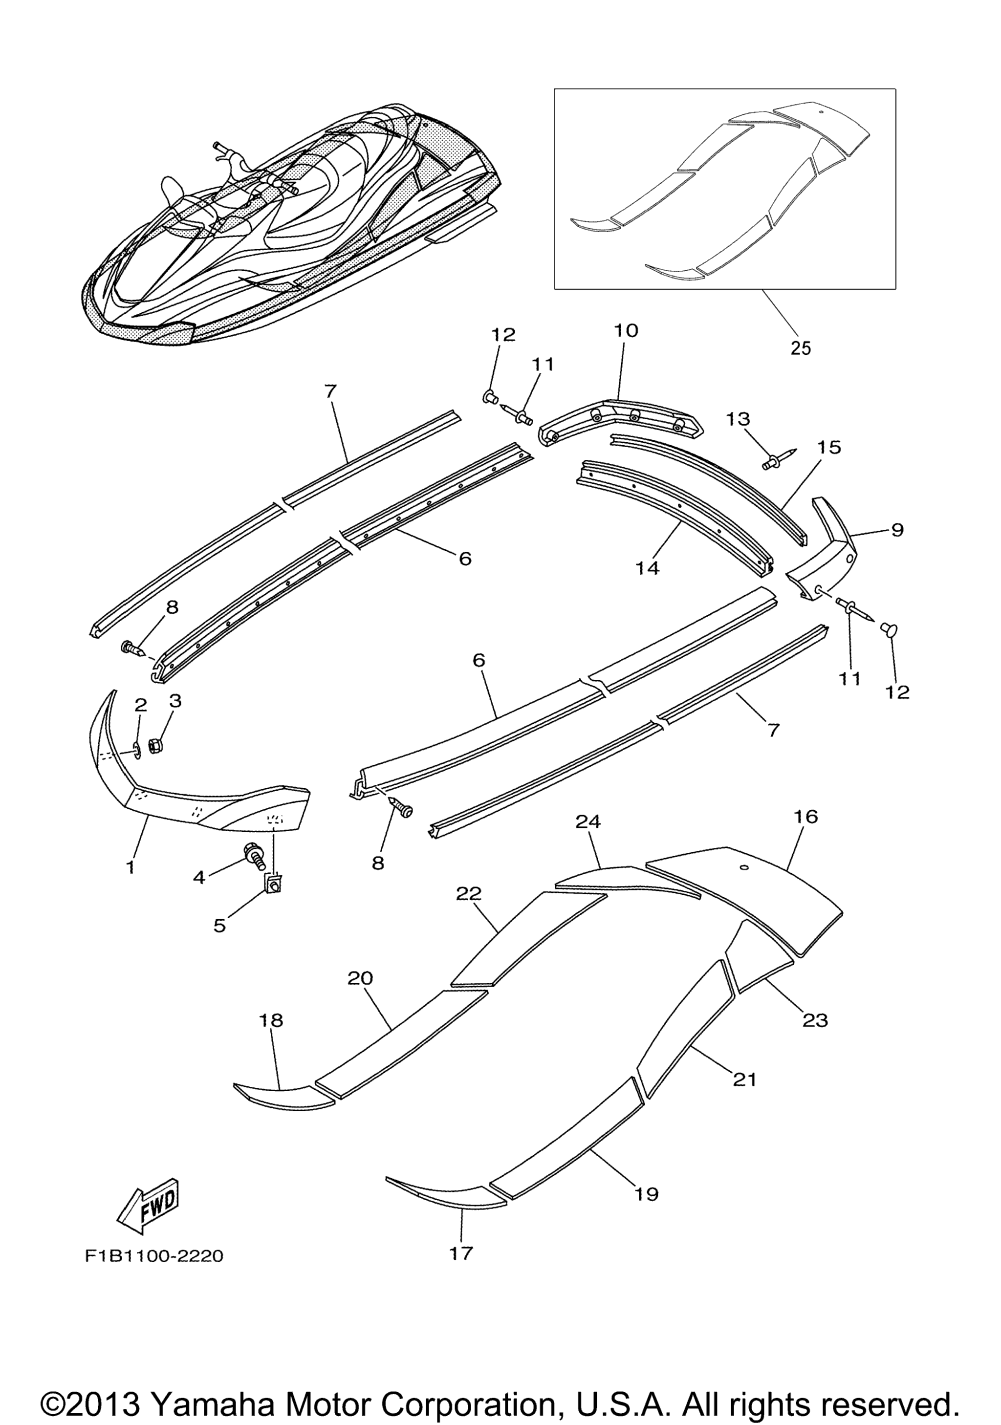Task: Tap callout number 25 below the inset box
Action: pos(801,348)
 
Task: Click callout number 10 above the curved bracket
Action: pos(626,330)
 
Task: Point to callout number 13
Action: pos(738,420)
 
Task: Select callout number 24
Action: pos(588,822)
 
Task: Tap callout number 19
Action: pos(647,1193)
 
